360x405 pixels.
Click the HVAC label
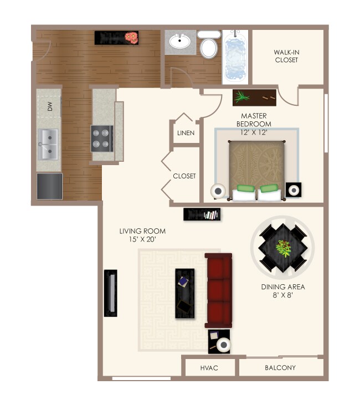pyautogui.click(x=209, y=368)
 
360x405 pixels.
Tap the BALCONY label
pyautogui.click(x=280, y=368)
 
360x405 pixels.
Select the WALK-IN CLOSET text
pyautogui.click(x=286, y=56)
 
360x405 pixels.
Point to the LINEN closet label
pyautogui.click(x=186, y=134)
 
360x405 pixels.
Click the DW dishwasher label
pyautogui.click(x=49, y=107)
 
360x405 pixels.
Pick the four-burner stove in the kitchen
pyautogui.click(x=102, y=138)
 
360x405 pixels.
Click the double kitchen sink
pyautogui.click(x=48, y=143)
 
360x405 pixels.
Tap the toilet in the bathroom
pyautogui.click(x=209, y=46)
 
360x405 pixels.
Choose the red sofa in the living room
pyautogui.click(x=218, y=290)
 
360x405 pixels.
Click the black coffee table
pyautogui.click(x=185, y=293)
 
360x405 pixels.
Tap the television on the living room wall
pyautogui.click(x=111, y=293)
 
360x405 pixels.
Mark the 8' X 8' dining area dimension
pyautogui.click(x=283, y=296)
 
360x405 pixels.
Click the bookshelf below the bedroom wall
pyautogui.click(x=202, y=214)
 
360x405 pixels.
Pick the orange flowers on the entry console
pyautogui.click(x=131, y=38)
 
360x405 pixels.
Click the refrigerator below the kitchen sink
pyautogui.click(x=49, y=186)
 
